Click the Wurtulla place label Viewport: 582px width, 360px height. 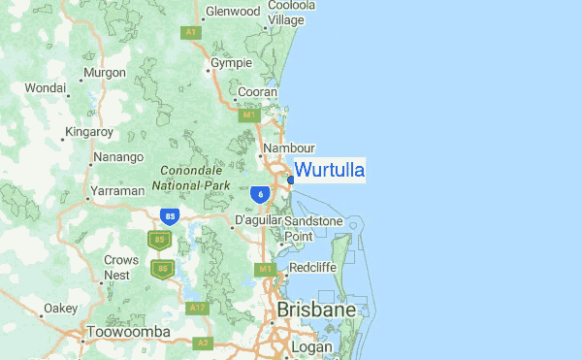pos(329,171)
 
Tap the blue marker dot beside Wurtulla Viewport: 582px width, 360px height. pos(291,180)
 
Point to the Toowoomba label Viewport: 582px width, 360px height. pos(128,333)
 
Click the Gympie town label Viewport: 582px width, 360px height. pos(232,63)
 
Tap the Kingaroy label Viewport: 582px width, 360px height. pos(89,132)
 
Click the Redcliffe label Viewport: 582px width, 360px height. pos(312,267)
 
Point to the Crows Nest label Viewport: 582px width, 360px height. pos(117,268)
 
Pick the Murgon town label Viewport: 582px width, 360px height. pos(105,73)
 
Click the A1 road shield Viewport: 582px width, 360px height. pos(191,32)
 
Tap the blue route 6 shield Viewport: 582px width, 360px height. pos(260,194)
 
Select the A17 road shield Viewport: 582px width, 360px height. pos(199,308)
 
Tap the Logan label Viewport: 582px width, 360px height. pos(311,347)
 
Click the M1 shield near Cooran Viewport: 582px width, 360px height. pos(249,115)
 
